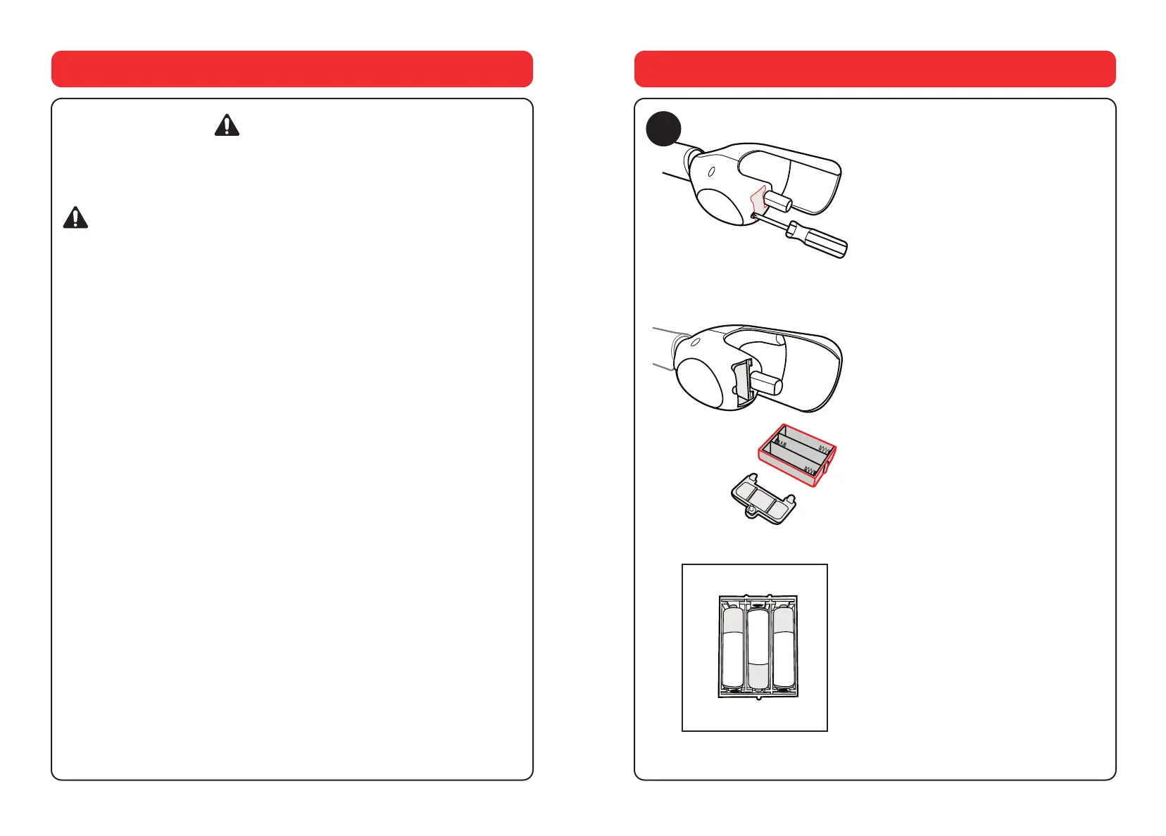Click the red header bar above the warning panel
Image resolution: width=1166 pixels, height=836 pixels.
[291, 68]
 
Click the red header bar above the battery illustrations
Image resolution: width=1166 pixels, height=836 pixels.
[874, 68]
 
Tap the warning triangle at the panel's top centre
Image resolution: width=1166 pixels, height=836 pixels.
[227, 125]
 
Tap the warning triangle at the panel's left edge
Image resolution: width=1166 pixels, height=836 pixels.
[75, 217]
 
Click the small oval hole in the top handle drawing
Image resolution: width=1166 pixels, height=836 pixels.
[711, 171]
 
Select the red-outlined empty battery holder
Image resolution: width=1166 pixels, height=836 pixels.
[797, 455]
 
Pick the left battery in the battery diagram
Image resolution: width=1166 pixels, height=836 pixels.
[733, 647]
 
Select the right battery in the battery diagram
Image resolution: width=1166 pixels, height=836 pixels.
[783, 647]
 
